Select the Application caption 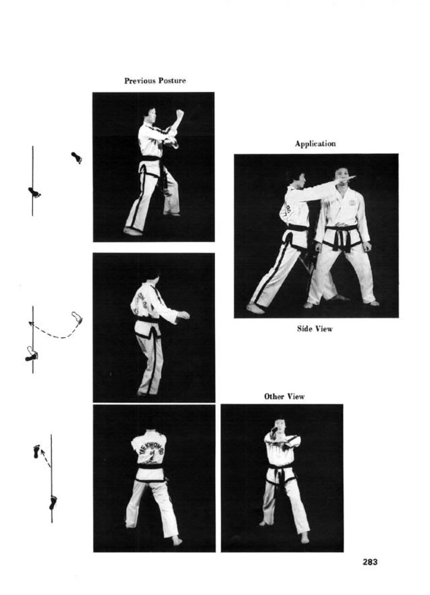(315, 144)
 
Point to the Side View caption (315, 329)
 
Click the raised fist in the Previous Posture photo (180, 114)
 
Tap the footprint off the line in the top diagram (76, 158)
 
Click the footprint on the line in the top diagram (35, 192)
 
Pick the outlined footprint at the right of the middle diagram (77, 318)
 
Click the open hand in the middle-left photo (184, 315)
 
